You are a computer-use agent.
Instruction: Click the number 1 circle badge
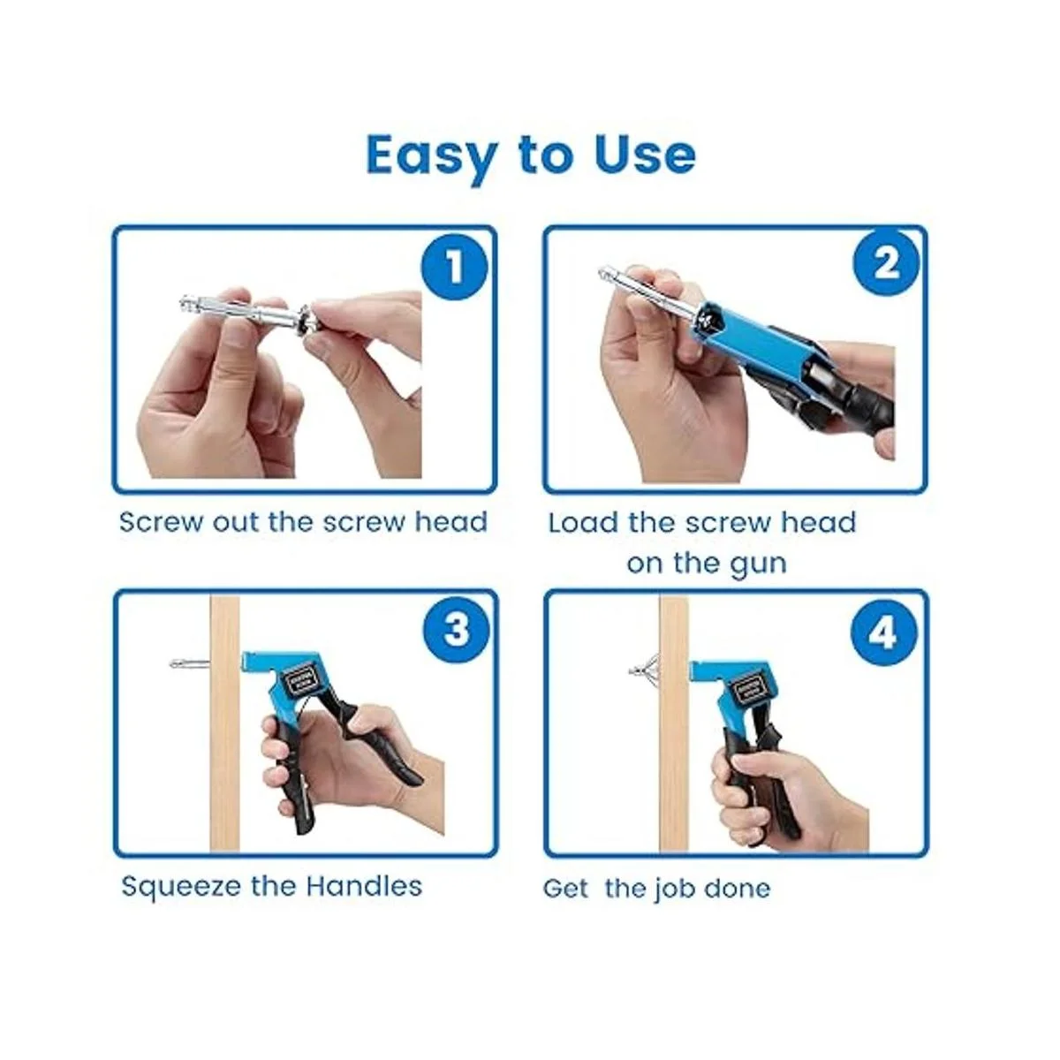click(x=454, y=268)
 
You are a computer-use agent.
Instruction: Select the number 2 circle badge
click(x=886, y=265)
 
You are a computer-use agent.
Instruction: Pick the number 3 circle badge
click(x=456, y=631)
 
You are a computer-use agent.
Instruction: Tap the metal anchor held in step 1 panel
click(x=247, y=317)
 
